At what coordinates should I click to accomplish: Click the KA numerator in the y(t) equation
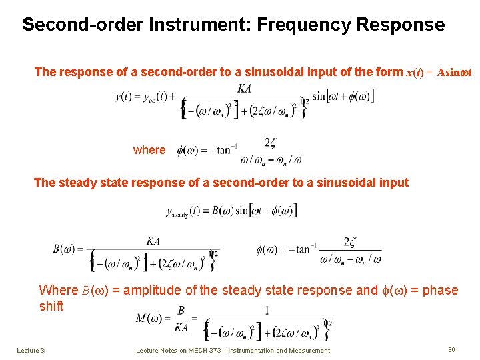pyautogui.click(x=244, y=88)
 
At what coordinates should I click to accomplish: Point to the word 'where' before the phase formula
pyautogui.click(x=149, y=150)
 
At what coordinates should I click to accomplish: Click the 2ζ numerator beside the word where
pyautogui.click(x=271, y=141)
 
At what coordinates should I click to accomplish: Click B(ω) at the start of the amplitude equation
pyautogui.click(x=67, y=249)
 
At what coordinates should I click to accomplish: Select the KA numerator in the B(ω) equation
pyautogui.click(x=153, y=241)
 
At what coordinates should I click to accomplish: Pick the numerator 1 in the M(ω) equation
pyautogui.click(x=267, y=311)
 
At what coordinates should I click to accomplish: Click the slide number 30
pyautogui.click(x=452, y=349)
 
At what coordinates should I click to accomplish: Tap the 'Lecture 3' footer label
pyautogui.click(x=31, y=350)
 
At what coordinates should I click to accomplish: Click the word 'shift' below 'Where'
pyautogui.click(x=51, y=306)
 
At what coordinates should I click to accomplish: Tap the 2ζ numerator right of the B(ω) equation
pyautogui.click(x=351, y=241)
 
